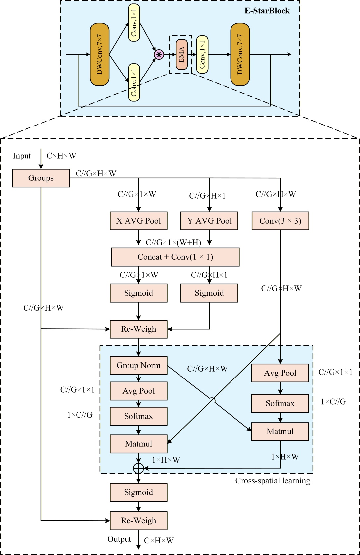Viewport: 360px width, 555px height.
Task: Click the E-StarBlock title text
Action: click(x=267, y=11)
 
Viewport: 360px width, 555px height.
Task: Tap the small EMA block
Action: click(x=181, y=55)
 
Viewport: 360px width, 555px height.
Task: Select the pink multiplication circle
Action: click(x=159, y=55)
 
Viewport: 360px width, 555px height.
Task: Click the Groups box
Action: click(x=41, y=178)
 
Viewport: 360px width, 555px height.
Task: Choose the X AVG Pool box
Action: click(x=138, y=221)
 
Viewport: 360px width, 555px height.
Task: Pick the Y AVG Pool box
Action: click(x=209, y=221)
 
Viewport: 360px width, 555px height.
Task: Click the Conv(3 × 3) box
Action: click(x=280, y=221)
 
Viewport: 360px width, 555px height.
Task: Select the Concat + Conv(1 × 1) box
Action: click(x=175, y=257)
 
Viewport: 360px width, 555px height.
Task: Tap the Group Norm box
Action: click(x=138, y=366)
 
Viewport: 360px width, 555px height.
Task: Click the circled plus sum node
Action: click(x=138, y=468)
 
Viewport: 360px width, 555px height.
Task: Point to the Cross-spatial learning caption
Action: click(x=273, y=481)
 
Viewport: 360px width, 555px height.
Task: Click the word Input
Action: click(x=22, y=156)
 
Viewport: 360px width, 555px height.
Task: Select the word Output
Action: click(x=119, y=539)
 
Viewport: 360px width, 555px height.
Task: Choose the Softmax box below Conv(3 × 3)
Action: click(x=280, y=403)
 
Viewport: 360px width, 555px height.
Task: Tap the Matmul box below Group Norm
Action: click(x=138, y=444)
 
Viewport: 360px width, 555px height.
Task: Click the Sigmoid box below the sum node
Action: click(x=138, y=492)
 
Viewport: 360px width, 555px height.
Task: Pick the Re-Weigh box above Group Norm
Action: click(x=138, y=329)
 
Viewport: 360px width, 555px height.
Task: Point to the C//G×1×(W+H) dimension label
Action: click(x=174, y=243)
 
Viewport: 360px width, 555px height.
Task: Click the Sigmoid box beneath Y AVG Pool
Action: click(x=209, y=293)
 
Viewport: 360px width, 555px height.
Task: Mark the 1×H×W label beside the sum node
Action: click(x=166, y=460)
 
